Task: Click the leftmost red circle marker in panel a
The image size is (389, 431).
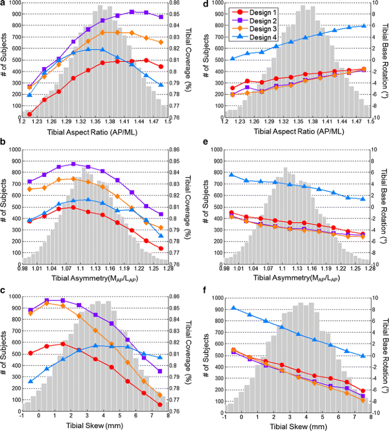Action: click(30, 114)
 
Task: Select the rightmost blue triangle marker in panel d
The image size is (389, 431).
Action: click(364, 26)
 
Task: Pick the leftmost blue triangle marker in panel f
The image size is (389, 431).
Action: click(233, 308)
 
